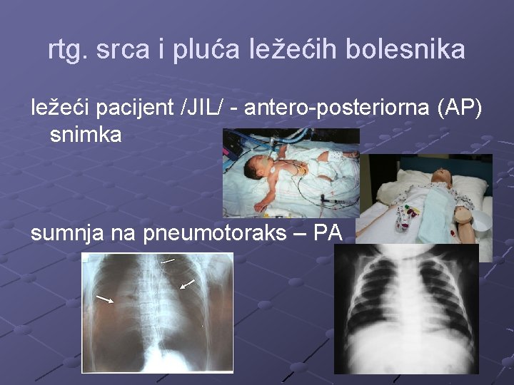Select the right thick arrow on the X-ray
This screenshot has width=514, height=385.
tap(187, 284)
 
